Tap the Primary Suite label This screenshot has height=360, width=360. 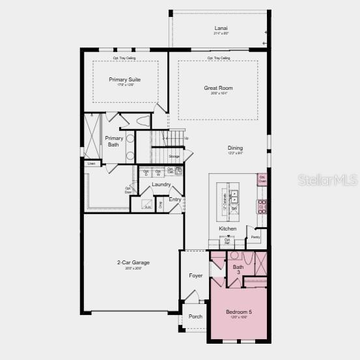[x=125, y=79]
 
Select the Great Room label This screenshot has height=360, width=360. [x=217, y=88]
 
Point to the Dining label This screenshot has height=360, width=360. [x=235, y=148]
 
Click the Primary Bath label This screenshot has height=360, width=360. [x=114, y=141]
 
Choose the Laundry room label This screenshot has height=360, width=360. [x=161, y=184]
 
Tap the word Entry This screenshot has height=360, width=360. [x=175, y=199]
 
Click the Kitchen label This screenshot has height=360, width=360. [x=227, y=228]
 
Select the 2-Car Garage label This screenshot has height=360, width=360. [x=133, y=262]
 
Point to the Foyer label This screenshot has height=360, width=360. [x=196, y=275]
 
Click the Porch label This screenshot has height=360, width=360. [x=195, y=316]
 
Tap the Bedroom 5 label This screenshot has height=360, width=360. [x=238, y=312]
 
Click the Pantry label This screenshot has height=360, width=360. [x=255, y=237]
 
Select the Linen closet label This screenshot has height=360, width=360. [x=92, y=163]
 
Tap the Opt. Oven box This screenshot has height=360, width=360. [x=262, y=178]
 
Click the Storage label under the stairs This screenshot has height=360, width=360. [x=174, y=156]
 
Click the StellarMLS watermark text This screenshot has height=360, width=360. [x=328, y=178]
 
